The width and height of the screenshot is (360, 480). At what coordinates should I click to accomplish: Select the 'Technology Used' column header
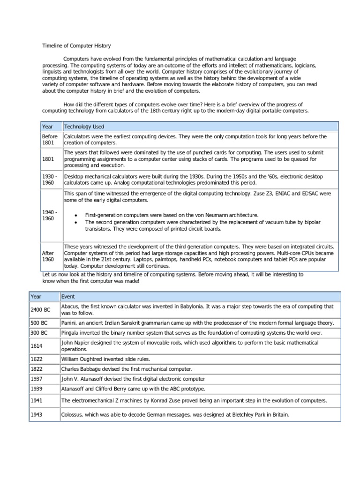pos(84,127)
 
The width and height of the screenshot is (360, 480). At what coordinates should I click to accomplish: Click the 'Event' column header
pos(68,297)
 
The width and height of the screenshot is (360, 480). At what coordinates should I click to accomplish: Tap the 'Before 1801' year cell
pos(51,140)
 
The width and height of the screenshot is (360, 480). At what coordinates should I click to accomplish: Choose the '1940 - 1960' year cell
pos(51,215)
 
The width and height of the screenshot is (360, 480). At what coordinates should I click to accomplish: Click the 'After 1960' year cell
pos(49,256)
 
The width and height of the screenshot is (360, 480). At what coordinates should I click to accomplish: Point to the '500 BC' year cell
pos(38,323)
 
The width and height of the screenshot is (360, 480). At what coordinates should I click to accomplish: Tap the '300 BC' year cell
pos(38,333)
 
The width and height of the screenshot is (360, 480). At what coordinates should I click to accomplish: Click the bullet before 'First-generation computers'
pos(76,215)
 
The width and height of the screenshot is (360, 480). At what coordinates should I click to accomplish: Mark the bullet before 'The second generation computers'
pos(76,222)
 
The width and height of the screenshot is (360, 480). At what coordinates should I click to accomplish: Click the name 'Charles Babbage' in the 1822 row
pos(80,369)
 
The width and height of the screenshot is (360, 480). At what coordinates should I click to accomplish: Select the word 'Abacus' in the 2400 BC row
pos(70,306)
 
